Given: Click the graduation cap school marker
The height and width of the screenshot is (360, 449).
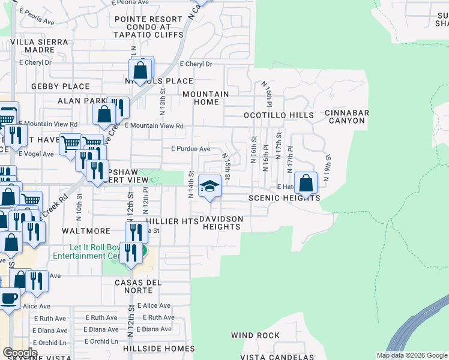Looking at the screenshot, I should point(209,187).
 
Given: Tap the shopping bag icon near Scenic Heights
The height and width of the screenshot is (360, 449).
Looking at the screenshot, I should point(306,183).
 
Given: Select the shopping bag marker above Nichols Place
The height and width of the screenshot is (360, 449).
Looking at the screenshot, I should point(140,70).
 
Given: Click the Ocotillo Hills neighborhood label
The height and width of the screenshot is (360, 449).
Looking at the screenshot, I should point(278,115).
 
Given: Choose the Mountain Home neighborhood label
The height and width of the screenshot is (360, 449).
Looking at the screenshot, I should point(206,98).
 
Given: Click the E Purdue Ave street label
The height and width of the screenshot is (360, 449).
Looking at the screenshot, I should point(191,149).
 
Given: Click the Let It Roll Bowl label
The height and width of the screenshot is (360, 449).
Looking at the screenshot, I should point(87,251).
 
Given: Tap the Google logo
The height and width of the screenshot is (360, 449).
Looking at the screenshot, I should point(19,353).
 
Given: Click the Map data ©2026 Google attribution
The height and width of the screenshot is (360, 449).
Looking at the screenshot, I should point(412,355).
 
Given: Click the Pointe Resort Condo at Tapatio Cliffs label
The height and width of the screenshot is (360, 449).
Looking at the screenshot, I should point(149,27).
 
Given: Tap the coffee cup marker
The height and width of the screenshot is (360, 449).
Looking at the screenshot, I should point(8,299).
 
